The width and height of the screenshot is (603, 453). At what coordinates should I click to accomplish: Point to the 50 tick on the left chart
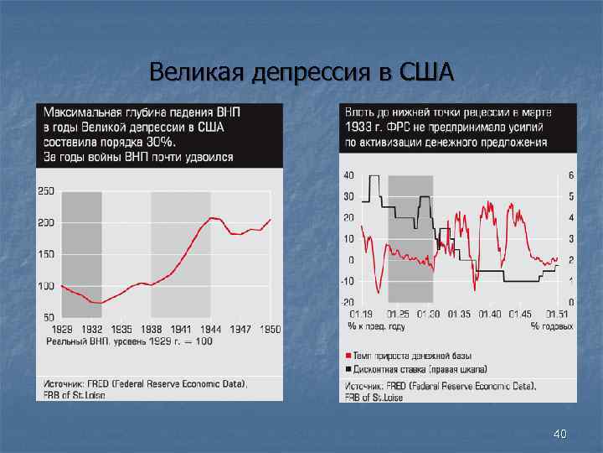[x=49, y=318]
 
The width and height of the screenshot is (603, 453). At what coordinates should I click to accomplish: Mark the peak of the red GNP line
[x=214, y=217]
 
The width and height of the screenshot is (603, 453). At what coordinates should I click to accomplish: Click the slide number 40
[x=560, y=434]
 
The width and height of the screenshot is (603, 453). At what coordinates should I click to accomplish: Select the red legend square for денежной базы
[x=348, y=357]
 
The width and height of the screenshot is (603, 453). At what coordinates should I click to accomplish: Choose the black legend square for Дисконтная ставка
[x=348, y=369]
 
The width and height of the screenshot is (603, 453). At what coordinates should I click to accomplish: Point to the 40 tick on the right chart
[x=348, y=175]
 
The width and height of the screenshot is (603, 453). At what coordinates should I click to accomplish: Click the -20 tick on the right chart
[x=348, y=302]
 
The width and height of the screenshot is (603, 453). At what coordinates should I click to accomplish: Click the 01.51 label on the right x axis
[x=557, y=314]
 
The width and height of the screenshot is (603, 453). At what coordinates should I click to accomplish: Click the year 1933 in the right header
[x=358, y=127]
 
